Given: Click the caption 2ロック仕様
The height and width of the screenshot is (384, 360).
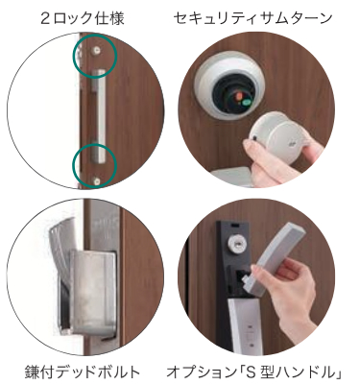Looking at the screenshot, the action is click(83, 18).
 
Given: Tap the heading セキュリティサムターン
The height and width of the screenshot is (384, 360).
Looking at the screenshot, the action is click(252, 18).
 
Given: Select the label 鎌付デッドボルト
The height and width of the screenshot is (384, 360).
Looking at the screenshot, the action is click(83, 372).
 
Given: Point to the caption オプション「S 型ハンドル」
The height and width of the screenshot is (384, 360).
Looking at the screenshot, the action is click(255, 372).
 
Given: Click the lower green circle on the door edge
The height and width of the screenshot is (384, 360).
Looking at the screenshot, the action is click(73, 166).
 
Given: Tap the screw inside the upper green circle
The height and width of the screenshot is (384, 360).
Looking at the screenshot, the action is click(96, 50).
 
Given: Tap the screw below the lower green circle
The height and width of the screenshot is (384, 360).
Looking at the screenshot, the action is click(97, 181).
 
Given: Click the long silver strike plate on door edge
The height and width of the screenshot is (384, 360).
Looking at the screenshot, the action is click(99, 116).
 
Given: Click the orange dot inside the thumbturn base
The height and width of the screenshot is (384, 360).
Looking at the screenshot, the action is click(238, 96).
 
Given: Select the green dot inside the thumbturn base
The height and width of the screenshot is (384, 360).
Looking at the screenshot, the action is click(247, 103).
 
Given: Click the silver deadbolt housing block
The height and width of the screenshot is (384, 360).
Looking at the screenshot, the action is click(93, 291).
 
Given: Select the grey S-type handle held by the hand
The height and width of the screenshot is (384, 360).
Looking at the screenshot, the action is click(277, 256).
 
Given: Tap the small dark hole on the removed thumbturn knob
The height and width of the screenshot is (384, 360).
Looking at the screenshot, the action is click(254, 139).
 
